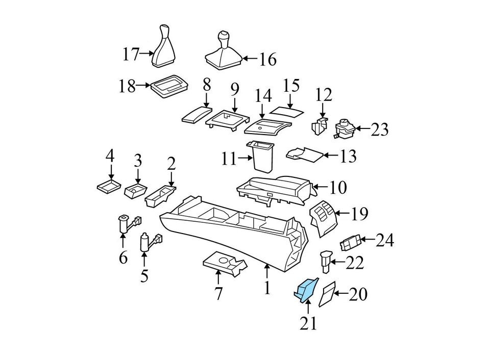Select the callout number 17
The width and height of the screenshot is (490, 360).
tap(131, 54)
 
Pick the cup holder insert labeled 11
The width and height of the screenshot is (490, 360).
tap(261, 157)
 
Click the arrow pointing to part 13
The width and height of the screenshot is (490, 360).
tap(332, 156)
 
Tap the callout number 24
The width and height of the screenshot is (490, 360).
tap(385, 240)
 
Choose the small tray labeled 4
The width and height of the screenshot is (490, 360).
tap(109, 187)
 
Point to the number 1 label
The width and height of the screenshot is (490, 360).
tap(266, 289)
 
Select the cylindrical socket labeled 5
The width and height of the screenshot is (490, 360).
tap(145, 242)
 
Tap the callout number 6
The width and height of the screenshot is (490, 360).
tap(123, 258)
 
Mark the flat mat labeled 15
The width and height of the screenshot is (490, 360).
tap(286, 110)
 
